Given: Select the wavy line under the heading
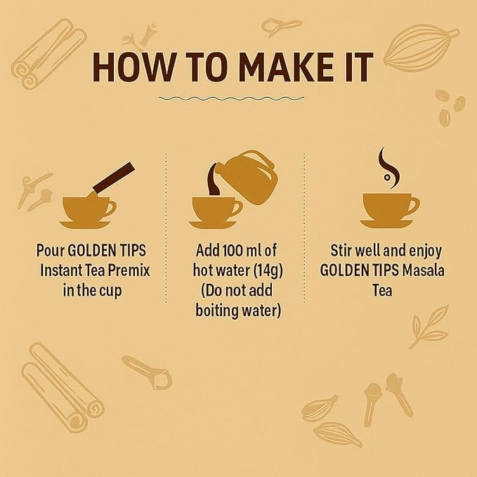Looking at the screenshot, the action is (x=232, y=98).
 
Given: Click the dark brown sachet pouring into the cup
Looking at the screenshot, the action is (x=114, y=177).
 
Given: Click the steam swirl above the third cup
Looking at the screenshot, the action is (x=388, y=168).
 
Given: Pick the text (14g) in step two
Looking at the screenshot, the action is (x=268, y=270).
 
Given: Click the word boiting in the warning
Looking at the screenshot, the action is (x=217, y=311).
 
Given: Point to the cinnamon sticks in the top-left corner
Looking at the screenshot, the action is (x=49, y=52).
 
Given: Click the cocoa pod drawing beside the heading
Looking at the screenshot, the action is (x=422, y=48).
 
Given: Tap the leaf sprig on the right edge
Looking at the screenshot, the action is (x=429, y=327).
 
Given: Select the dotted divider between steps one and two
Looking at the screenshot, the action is (x=166, y=228).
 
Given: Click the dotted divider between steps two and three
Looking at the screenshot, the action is (x=304, y=228).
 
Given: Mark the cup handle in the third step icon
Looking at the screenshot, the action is (x=414, y=205).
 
